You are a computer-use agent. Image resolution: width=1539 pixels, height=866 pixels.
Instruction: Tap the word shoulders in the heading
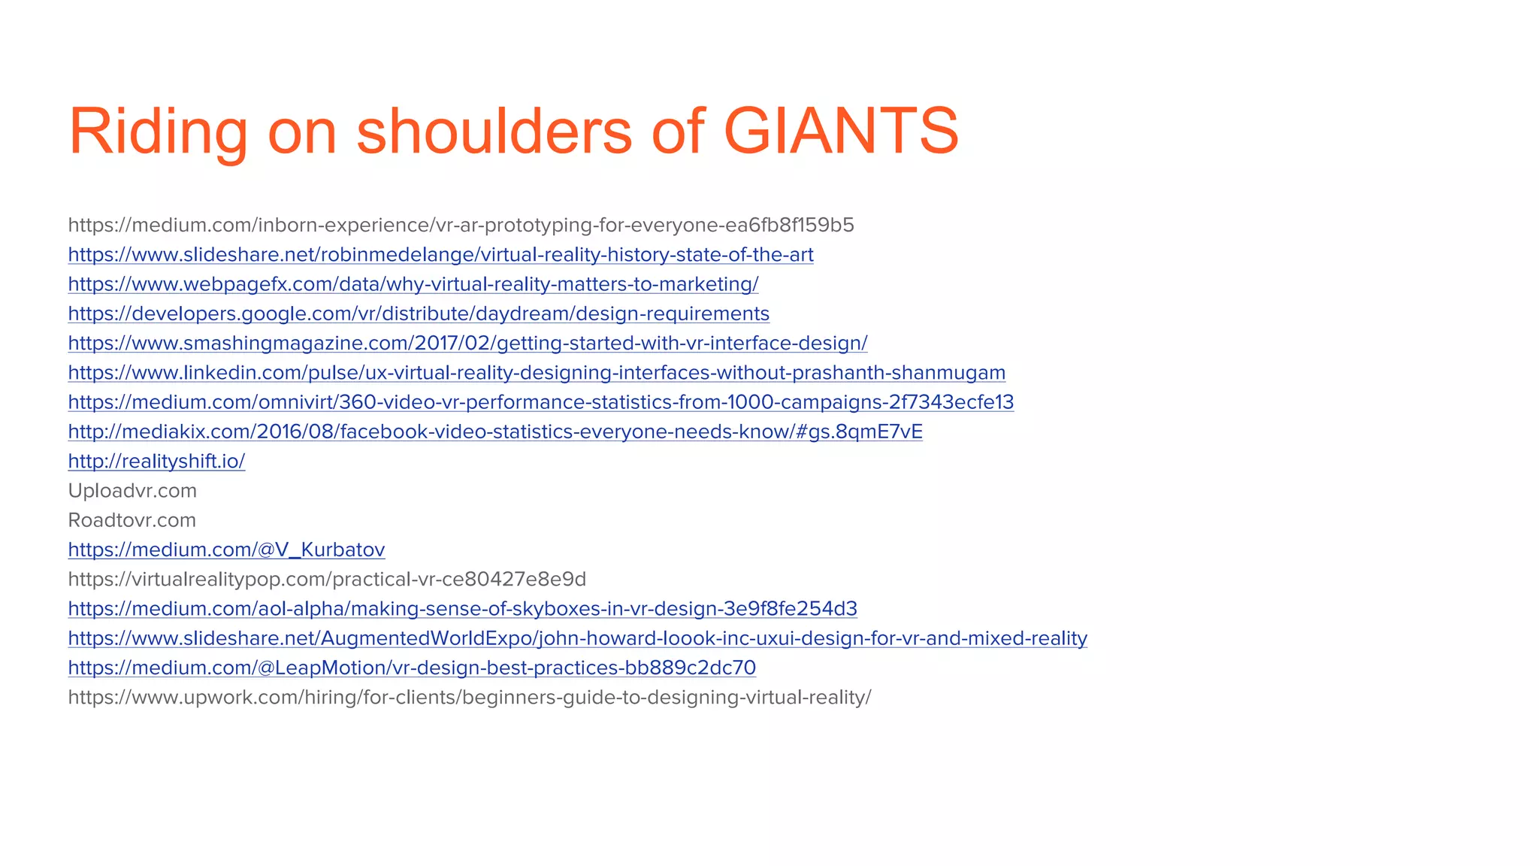coord(494,132)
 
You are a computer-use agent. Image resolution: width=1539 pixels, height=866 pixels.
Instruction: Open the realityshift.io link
coord(156,461)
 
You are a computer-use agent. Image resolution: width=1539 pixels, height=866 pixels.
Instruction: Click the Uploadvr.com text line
coord(132,491)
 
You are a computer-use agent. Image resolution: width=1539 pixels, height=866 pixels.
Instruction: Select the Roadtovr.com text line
coord(132,520)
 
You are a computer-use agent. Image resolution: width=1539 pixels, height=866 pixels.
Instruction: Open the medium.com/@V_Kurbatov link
coord(226,550)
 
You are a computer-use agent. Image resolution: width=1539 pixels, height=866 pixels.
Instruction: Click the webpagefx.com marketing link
coord(413,284)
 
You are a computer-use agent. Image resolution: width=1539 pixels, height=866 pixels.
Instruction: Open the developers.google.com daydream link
coord(419,313)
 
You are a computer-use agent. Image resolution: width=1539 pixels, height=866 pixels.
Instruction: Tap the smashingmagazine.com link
coord(467,343)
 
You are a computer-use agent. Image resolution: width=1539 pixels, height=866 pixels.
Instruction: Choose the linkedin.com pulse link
coord(537,373)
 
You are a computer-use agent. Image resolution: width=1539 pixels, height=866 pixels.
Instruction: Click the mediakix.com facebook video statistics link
coord(495,431)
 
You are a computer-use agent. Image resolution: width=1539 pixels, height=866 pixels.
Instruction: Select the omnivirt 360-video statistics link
coord(541,402)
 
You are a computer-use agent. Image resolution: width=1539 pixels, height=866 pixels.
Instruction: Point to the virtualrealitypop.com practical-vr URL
coord(327,579)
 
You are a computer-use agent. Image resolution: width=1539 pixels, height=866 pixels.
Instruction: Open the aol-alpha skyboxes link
coord(462,608)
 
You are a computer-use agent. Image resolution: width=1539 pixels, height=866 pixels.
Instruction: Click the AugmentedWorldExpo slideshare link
coord(577,638)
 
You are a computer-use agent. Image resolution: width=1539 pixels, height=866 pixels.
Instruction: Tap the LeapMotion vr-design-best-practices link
coord(412,668)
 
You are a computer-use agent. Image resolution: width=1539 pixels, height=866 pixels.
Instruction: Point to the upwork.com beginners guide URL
coord(470,697)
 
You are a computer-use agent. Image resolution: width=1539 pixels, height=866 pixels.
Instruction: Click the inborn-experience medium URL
coord(461,225)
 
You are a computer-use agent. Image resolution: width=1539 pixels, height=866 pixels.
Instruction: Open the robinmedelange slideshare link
coord(440,255)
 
